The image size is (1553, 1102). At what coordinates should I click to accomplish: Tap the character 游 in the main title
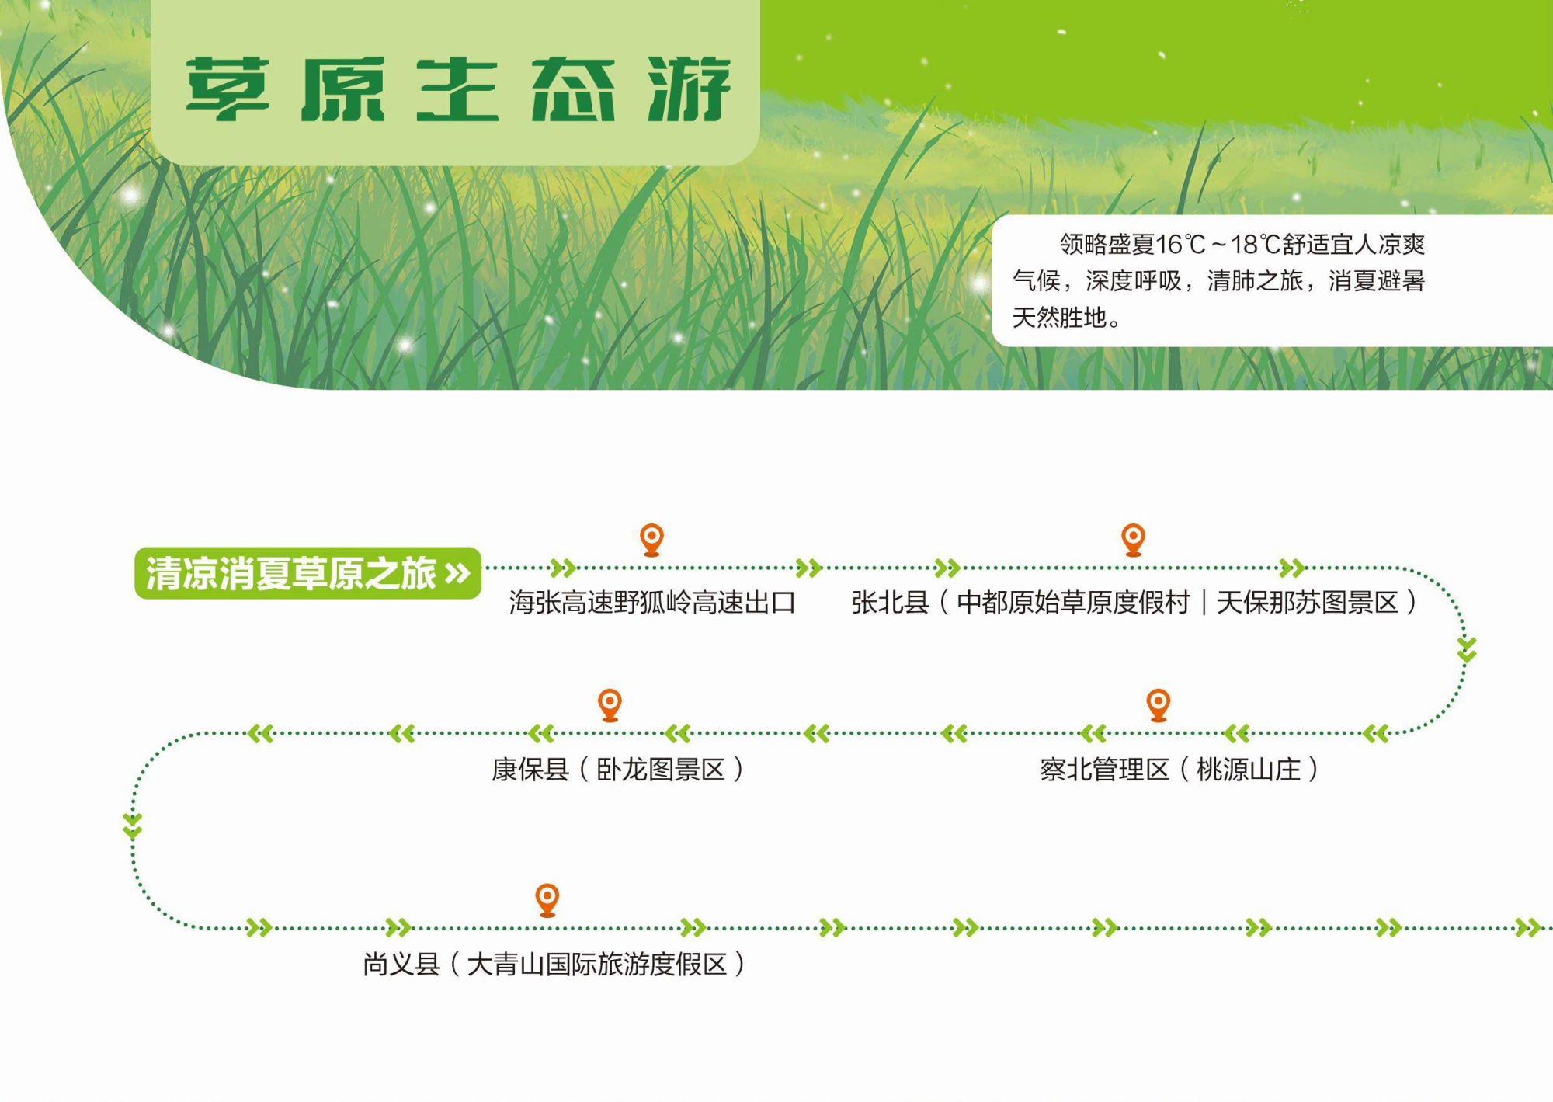[x=690, y=89]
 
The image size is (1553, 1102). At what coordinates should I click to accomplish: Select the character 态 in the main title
[x=573, y=89]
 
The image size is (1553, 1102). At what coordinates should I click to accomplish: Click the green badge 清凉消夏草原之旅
[x=308, y=573]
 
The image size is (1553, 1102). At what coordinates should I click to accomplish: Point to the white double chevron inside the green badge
[x=458, y=574]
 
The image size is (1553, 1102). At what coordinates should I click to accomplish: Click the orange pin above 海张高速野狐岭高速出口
[x=651, y=540]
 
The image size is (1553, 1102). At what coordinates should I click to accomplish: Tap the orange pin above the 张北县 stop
[x=1134, y=540]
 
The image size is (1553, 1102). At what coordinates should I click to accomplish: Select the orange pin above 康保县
[x=610, y=705]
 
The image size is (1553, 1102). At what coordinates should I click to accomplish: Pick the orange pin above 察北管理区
[x=1159, y=705]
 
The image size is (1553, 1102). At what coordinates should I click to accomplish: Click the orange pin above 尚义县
[x=547, y=900]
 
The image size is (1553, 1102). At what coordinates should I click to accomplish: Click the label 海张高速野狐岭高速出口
[x=652, y=603]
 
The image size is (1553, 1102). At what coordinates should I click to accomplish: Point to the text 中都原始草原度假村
[x=1073, y=603]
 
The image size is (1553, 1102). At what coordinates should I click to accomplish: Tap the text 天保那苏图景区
[x=1308, y=603]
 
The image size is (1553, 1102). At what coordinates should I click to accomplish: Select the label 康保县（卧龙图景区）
[x=618, y=770]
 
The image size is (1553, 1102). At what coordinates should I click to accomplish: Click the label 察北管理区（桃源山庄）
[x=1180, y=770]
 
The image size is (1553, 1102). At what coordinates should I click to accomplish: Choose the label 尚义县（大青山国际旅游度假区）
[x=554, y=965]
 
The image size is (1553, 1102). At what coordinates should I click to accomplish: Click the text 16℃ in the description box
[x=1180, y=245]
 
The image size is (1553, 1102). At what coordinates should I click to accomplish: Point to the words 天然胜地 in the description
[x=1059, y=318]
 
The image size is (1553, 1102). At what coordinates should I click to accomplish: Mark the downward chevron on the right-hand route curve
[x=1466, y=650]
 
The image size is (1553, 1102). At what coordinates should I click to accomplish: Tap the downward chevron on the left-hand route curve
[x=132, y=826]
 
